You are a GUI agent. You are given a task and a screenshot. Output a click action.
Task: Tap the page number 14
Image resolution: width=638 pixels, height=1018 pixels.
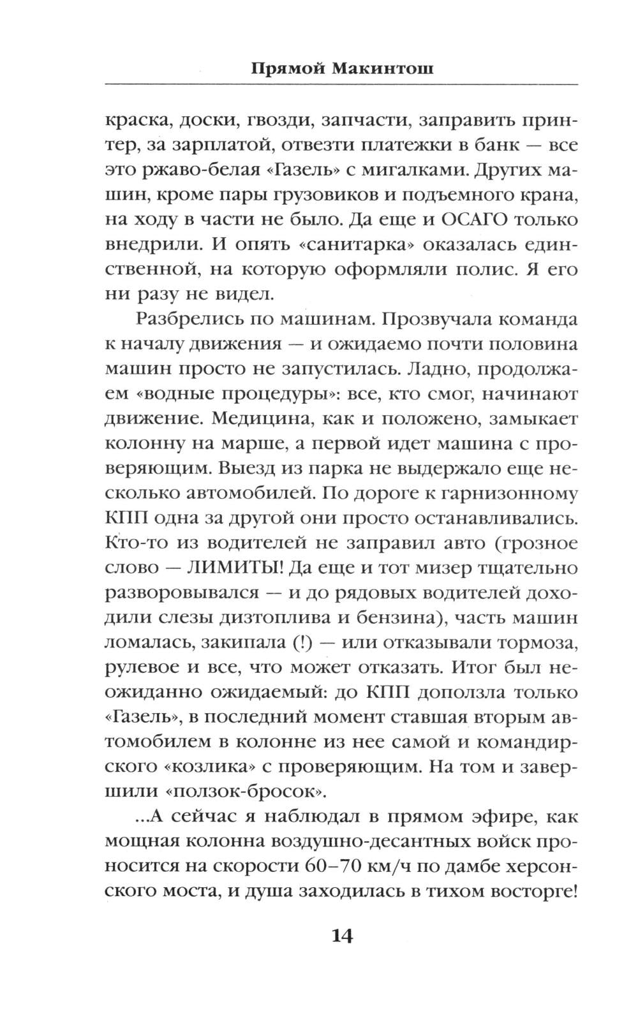tap(341, 936)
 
